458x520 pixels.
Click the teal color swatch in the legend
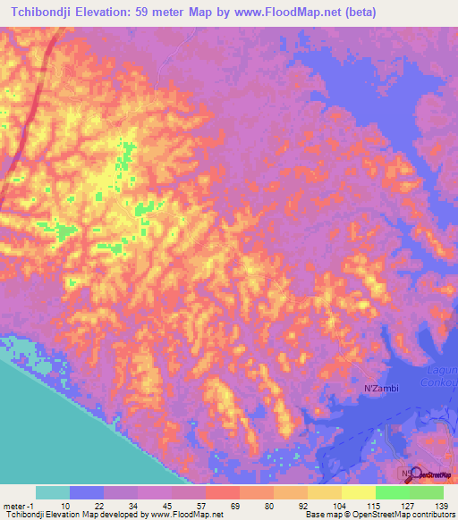click(x=52, y=492)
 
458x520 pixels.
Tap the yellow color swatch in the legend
click(x=358, y=492)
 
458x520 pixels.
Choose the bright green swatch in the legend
click(x=392, y=492)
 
